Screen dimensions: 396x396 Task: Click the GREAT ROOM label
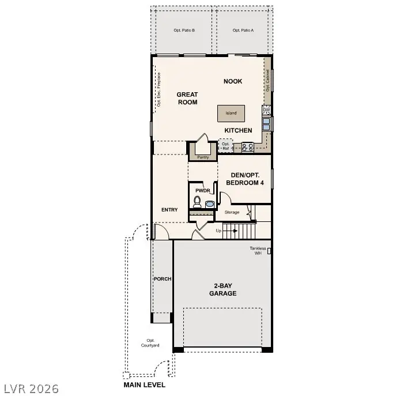click(187, 98)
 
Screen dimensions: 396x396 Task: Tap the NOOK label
click(233, 81)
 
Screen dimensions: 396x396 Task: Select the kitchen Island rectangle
click(231, 113)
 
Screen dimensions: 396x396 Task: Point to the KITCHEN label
click(238, 130)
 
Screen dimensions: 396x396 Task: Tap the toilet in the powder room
click(197, 202)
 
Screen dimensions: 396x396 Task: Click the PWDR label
click(202, 190)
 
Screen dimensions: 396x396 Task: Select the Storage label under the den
click(232, 212)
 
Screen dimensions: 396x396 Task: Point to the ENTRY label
click(169, 210)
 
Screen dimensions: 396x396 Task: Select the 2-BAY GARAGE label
click(222, 289)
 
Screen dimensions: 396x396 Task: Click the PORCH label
click(162, 279)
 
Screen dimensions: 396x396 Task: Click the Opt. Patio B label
click(184, 30)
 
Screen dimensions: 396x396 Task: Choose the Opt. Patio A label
click(243, 30)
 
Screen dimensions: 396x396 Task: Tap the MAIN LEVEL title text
click(144, 384)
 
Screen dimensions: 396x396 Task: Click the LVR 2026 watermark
click(30, 388)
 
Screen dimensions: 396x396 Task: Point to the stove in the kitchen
click(247, 147)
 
